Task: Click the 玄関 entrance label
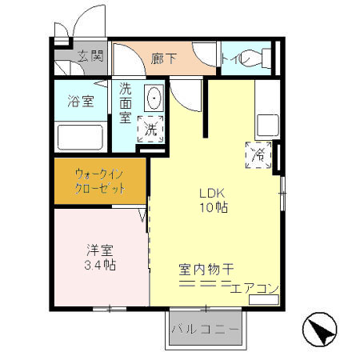(x=90, y=56)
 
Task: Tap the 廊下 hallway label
(x=163, y=58)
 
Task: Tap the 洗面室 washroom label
(x=126, y=102)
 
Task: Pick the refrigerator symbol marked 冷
(x=261, y=154)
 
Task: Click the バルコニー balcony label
(x=204, y=329)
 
